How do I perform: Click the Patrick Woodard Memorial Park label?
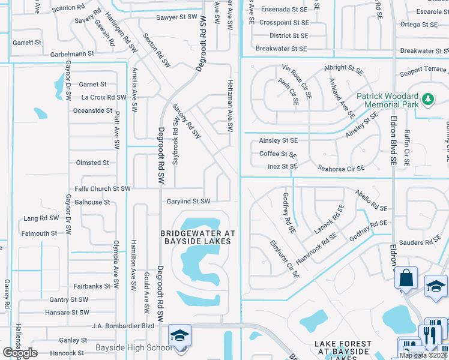coord(387,101)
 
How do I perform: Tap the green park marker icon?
coord(427,98)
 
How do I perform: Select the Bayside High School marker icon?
coord(179,336)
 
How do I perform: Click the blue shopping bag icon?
coord(406,278)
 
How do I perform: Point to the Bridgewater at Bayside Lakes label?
coord(197,236)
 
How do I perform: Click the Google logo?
coord(20,353)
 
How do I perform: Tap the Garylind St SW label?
coord(188,202)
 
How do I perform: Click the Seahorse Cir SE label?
coord(341,169)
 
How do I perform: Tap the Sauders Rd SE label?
coord(420,242)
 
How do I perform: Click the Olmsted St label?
coord(92,163)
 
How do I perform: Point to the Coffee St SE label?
coord(278,154)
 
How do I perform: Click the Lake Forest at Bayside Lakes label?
coord(343,348)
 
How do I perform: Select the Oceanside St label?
coord(92,110)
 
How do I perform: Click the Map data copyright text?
coord(424,355)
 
